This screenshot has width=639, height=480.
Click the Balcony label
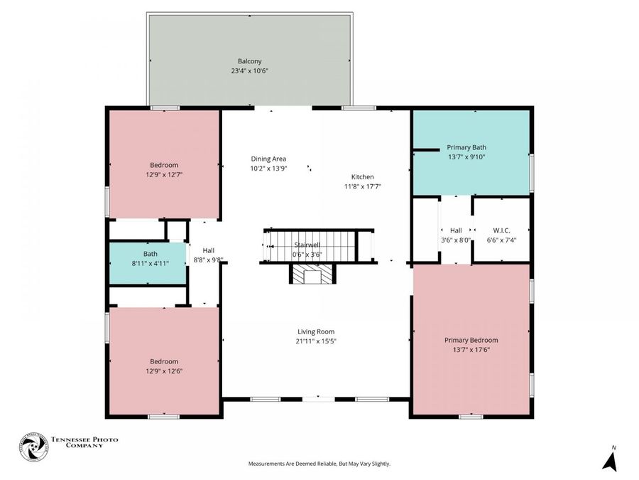tap(249, 61)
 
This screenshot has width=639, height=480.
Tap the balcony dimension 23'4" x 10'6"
tap(249, 70)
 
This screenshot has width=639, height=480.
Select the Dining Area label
tap(268, 159)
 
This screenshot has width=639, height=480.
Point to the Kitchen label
tap(362, 177)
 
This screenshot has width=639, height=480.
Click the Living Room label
tap(316, 332)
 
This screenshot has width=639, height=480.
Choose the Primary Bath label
tap(466, 147)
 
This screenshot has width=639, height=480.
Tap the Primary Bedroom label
tap(471, 340)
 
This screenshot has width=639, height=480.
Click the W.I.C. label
tap(501, 230)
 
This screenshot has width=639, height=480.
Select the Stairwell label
tap(307, 245)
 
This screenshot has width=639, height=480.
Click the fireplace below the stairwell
tap(312, 274)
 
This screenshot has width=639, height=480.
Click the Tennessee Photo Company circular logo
tap(34, 447)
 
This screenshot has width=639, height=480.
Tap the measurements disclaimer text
tap(319, 464)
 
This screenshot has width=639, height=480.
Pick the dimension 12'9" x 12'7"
tap(164, 175)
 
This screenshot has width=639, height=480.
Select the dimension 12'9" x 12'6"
tap(164, 371)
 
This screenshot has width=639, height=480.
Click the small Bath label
tap(150, 254)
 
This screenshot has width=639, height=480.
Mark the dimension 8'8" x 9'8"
tap(208, 260)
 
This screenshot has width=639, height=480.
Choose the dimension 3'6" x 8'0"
tap(456, 240)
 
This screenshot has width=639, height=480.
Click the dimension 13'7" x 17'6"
tap(471, 350)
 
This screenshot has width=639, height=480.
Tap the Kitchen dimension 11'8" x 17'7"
tap(362, 186)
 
